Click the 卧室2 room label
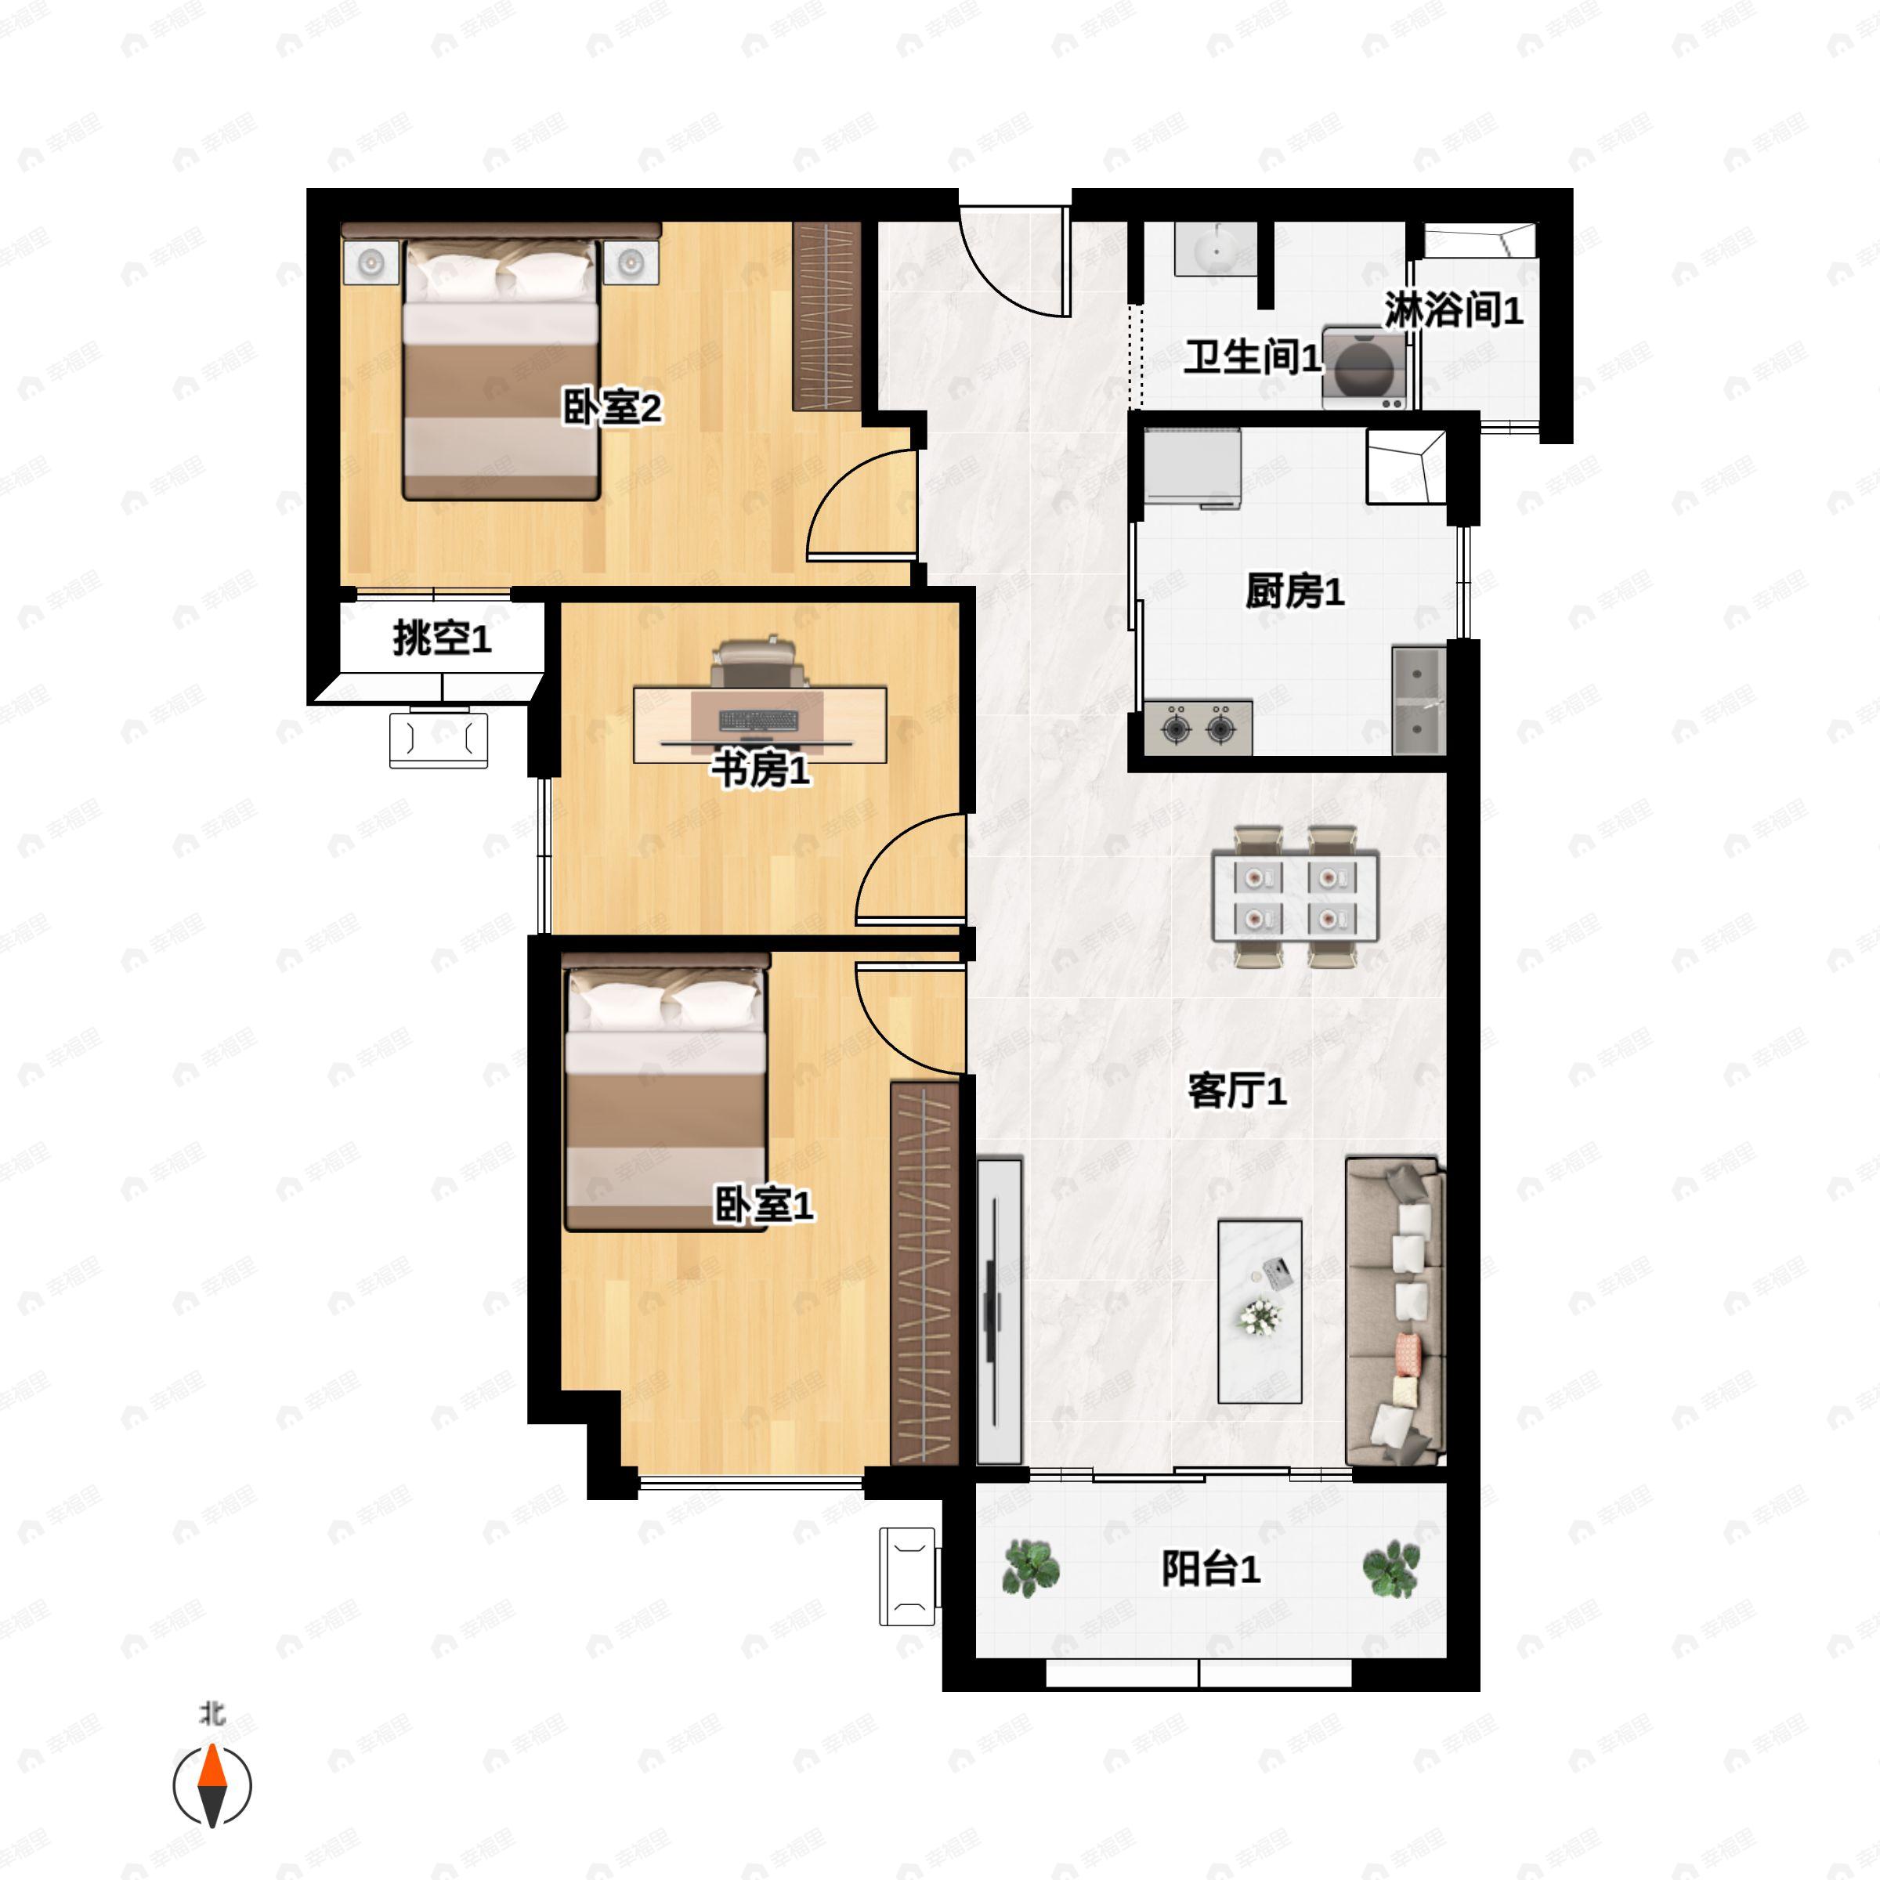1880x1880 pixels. tap(612, 407)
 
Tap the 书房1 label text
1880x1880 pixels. tap(761, 770)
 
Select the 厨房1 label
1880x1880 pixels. tap(1295, 591)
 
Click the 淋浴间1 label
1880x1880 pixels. tap(1454, 309)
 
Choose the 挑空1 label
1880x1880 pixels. tap(442, 638)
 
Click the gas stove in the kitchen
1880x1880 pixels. tap(1198, 727)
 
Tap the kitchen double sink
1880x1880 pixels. tap(1419, 700)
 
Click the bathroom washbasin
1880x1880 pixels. tap(1217, 250)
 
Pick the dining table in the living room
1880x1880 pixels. tap(1295, 896)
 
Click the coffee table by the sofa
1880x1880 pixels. tap(1260, 1311)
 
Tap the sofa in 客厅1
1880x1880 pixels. tap(1395, 1311)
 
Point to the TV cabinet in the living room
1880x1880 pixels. tap(1000, 1311)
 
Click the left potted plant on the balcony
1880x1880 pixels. tap(1031, 1568)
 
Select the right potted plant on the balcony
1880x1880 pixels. tap(1390, 1568)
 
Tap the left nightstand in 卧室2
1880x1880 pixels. tap(371, 262)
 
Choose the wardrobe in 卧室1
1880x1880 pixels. tap(924, 1273)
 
